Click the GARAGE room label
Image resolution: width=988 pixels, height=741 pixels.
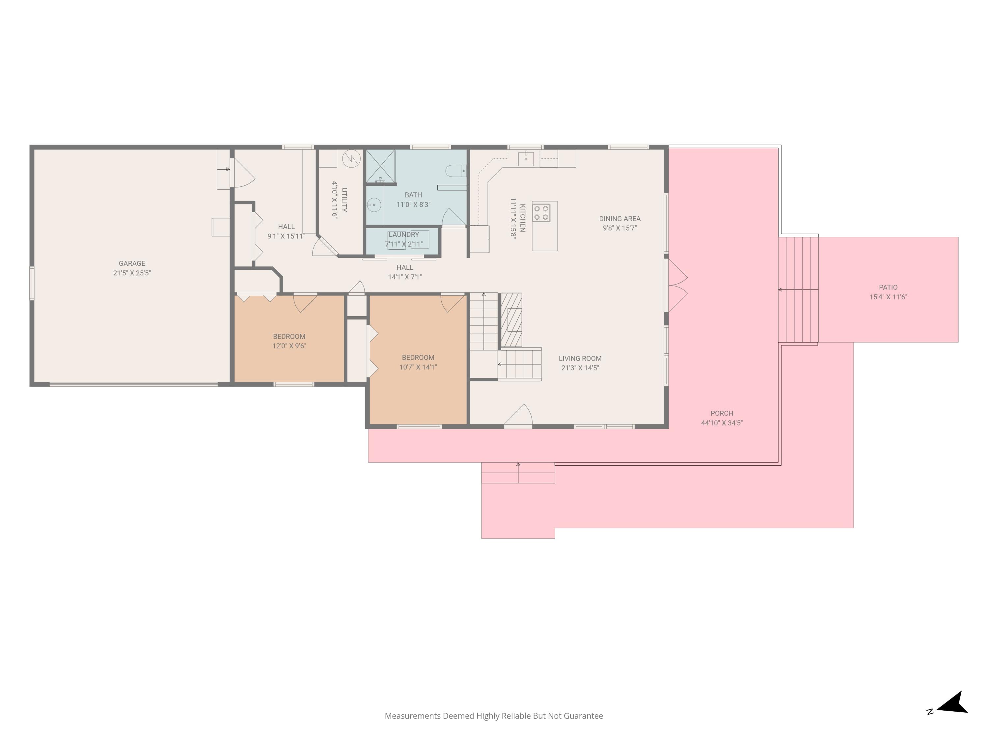coord(132,263)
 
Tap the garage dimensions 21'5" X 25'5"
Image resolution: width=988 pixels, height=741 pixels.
coord(132,273)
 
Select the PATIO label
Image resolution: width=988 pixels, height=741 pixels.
coord(888,287)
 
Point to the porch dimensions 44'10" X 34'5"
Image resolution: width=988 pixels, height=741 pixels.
coord(722,423)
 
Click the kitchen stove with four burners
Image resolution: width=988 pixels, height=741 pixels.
coord(541,213)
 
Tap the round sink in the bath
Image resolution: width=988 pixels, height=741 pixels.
coord(374,205)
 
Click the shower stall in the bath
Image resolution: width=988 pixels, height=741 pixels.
coord(381,166)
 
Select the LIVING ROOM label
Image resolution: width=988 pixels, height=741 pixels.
coord(580,358)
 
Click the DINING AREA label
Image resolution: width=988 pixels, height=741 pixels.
coord(619,218)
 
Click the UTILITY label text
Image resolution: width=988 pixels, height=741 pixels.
coord(344,200)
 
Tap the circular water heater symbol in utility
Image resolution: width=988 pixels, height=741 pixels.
coord(351,158)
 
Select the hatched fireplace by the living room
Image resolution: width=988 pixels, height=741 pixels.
coord(511,320)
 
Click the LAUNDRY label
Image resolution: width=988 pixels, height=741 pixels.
coord(404,234)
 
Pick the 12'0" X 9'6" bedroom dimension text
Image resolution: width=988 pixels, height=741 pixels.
coord(289,346)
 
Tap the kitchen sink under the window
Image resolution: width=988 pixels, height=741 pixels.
coord(526,158)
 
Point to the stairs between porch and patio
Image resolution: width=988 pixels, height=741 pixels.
coord(798,290)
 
